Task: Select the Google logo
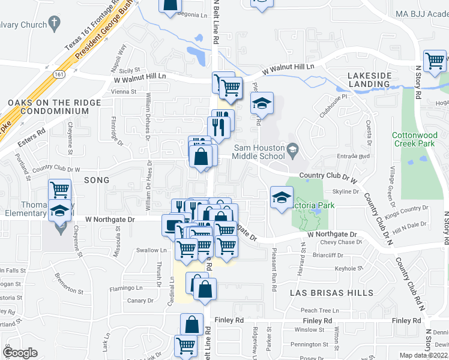(x=20, y=353)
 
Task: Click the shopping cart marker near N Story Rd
(x=434, y=61)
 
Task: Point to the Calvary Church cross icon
(x=55, y=25)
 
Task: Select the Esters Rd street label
(x=32, y=133)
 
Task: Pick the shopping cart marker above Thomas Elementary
(x=60, y=190)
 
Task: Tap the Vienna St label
(x=124, y=92)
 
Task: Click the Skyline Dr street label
(x=345, y=191)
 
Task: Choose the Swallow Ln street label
(x=151, y=250)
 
